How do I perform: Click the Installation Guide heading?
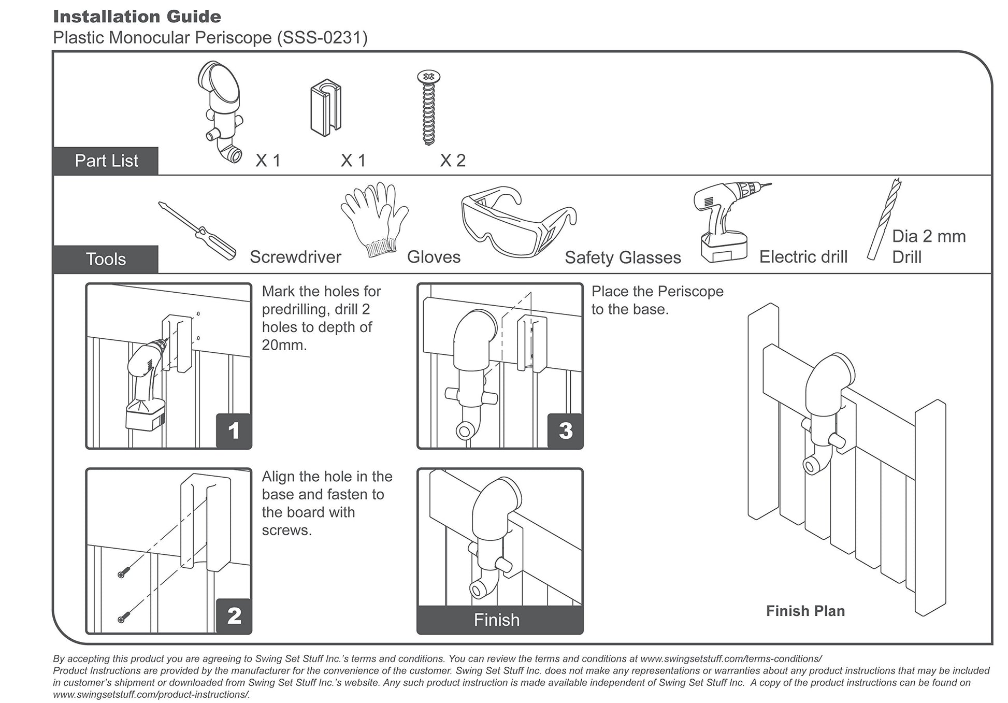(x=137, y=17)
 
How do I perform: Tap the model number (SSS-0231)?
(x=322, y=38)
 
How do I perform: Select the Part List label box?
(x=106, y=161)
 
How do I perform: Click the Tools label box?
(x=106, y=259)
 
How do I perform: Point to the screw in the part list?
(x=428, y=108)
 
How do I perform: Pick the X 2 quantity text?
(x=453, y=161)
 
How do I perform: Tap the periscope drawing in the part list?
(x=220, y=112)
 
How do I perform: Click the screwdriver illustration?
(x=197, y=231)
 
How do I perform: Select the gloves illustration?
(x=374, y=219)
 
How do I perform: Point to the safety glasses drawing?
(x=519, y=221)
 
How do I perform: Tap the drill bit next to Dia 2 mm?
(x=885, y=219)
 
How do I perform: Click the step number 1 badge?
(x=234, y=431)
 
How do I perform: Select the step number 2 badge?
(x=234, y=615)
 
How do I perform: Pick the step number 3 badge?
(x=565, y=431)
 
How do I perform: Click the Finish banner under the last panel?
(x=500, y=620)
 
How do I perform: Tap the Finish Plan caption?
(x=805, y=611)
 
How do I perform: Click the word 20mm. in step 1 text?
(x=284, y=345)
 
